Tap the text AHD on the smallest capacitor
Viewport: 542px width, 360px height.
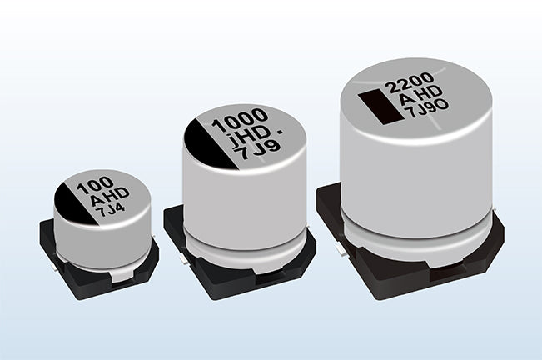tap(110, 197)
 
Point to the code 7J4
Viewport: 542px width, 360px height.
tap(112, 209)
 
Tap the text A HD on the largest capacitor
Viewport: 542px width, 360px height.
tap(420, 96)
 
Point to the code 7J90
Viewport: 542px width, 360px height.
tap(428, 107)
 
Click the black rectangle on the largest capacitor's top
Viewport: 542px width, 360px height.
tap(380, 107)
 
